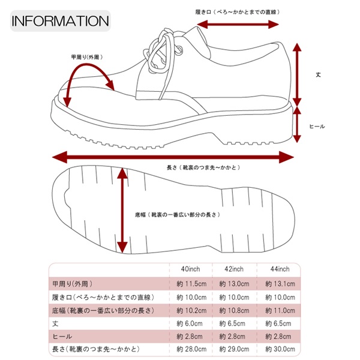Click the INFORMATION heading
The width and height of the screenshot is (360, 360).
tap(60, 20)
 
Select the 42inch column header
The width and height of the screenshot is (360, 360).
tap(232, 269)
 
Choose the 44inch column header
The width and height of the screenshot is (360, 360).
tap(277, 269)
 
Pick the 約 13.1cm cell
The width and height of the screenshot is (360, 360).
tap(277, 283)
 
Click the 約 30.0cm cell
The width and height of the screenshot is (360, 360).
tap(277, 350)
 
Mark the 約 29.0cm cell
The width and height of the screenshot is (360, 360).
tap(232, 350)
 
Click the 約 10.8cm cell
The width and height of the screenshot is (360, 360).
tap(232, 310)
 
